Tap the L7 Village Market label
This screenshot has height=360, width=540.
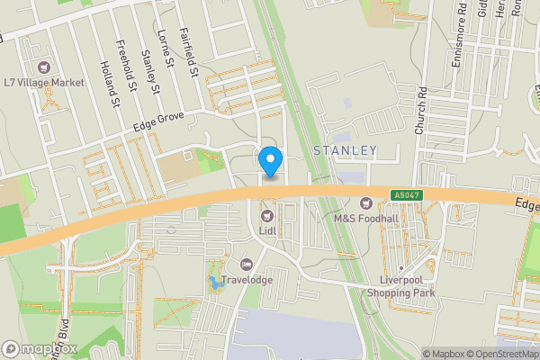pyautogui.click(x=44, y=82)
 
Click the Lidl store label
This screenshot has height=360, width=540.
pyautogui.click(x=267, y=230)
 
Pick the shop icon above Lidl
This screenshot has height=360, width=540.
pyautogui.click(x=267, y=215)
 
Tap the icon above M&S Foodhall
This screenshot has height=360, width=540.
pyautogui.click(x=365, y=202)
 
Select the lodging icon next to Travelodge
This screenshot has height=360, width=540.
pyautogui.click(x=246, y=264)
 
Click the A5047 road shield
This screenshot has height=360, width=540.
pyautogui.click(x=405, y=195)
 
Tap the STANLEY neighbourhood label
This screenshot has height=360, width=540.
pyautogui.click(x=345, y=149)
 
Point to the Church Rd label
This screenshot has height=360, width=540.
pyautogui.click(x=419, y=117)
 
